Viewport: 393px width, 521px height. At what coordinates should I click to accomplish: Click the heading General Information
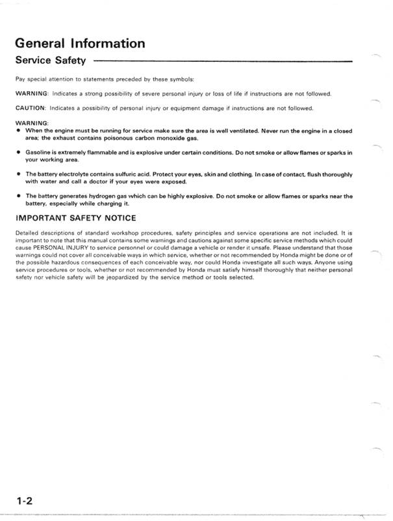(79, 44)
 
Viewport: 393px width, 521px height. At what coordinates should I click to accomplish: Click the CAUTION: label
(31, 108)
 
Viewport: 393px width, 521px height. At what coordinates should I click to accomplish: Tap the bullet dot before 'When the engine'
(18, 131)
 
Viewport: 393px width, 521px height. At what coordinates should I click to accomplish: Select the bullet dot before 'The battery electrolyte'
(18, 174)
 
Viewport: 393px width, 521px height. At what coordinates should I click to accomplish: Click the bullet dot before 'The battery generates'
(18, 196)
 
